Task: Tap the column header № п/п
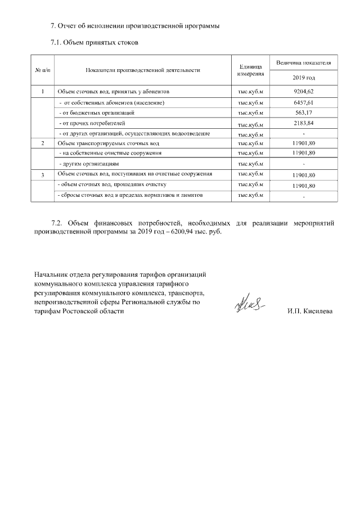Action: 43,70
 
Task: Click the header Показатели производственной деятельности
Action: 143,70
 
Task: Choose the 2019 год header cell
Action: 304,78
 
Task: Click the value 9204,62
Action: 304,91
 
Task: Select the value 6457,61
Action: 304,103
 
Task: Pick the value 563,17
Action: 304,112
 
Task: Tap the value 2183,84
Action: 304,123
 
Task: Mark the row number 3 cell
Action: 43,175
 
